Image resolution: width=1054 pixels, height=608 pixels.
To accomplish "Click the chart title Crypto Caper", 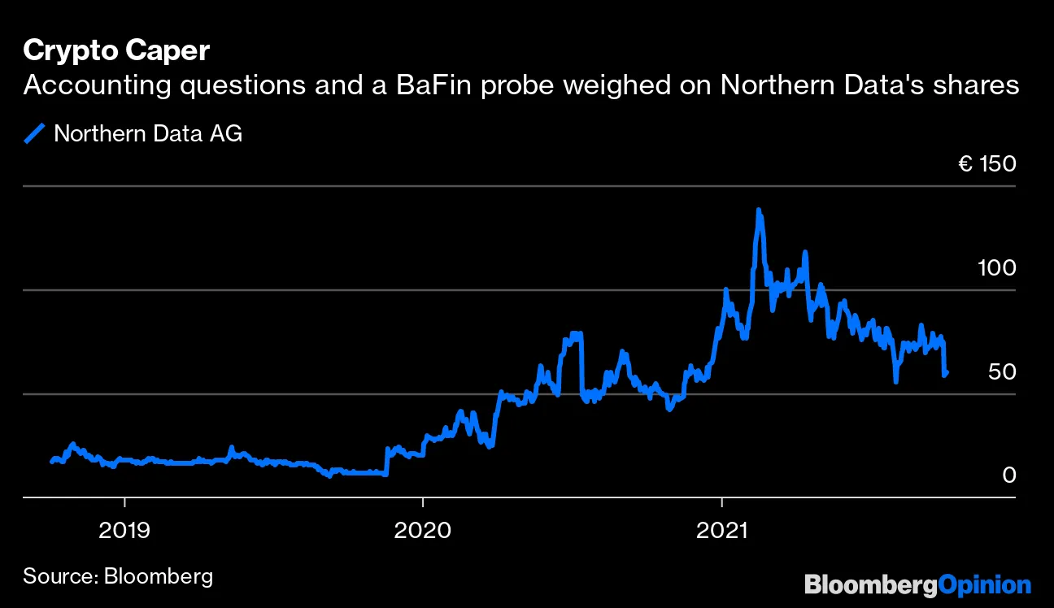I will point(116,50).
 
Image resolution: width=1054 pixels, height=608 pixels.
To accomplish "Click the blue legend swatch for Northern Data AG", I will point(35,133).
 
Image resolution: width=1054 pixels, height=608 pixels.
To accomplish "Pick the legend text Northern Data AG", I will point(148,133).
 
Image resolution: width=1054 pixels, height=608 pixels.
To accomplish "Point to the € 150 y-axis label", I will point(986,164).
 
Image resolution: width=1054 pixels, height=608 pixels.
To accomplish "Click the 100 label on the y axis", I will point(996,267).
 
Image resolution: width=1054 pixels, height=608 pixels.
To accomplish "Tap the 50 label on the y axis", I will point(1002,371).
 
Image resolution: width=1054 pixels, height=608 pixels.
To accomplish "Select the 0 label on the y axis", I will point(1009,475).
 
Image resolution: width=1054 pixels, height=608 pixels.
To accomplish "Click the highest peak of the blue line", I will point(759,211).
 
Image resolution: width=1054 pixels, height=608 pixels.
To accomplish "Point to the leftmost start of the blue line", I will point(51,462).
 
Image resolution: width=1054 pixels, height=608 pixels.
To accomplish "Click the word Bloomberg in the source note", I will point(159,577).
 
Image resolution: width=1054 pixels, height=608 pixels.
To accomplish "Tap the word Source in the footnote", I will point(58,577).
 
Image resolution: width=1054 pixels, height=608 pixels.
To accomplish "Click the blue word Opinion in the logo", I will point(985,584).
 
